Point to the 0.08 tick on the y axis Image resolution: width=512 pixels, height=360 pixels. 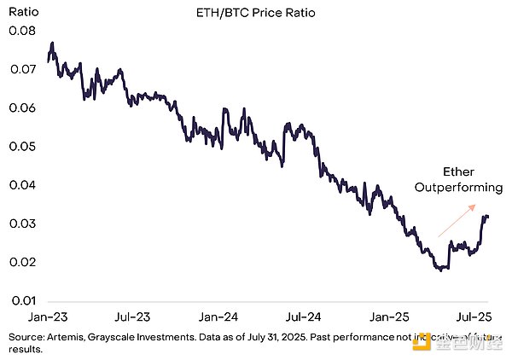(x=21, y=32)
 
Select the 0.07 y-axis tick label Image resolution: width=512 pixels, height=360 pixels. (x=21, y=70)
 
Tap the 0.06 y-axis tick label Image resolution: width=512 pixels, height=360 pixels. (x=21, y=108)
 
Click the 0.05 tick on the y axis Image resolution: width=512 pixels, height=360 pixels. (x=21, y=147)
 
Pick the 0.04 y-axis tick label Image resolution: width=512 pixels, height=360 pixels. (x=21, y=185)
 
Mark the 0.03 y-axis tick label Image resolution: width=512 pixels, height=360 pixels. (x=21, y=224)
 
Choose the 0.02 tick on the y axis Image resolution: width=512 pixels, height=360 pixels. (x=21, y=262)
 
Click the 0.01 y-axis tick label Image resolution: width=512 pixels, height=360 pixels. (x=21, y=300)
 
